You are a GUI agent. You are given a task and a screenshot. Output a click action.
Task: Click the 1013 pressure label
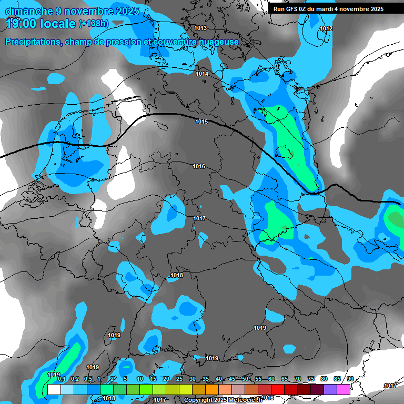[x=200, y=28]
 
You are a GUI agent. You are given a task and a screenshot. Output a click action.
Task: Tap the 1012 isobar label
[x=326, y=28]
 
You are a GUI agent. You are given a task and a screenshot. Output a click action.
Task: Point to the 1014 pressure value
[x=202, y=74]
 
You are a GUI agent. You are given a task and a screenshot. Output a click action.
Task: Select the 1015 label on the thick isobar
[x=201, y=122]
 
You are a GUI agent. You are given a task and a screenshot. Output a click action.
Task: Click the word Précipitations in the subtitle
[x=32, y=42]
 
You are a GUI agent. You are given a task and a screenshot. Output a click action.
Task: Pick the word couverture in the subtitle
[x=169, y=42]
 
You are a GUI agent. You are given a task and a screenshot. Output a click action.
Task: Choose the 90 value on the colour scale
[x=350, y=379]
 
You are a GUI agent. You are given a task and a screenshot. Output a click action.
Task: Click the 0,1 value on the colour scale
[x=61, y=379]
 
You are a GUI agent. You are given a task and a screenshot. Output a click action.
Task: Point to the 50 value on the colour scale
[x=245, y=379]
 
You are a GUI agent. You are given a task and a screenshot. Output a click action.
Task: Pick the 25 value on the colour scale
[x=179, y=379]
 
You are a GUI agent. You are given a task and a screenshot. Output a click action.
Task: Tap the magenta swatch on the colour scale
[x=344, y=389]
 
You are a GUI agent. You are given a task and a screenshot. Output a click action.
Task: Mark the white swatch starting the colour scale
[x=54, y=389]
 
